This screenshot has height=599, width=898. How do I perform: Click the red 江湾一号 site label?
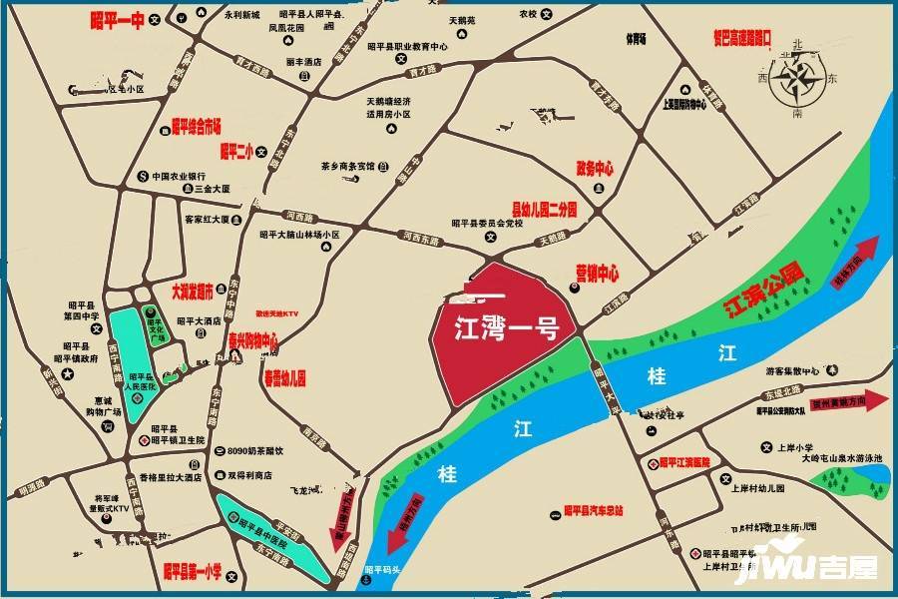tap(505, 327)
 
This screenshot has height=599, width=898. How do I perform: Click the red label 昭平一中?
tap(117, 19)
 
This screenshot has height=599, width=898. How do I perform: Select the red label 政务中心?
tap(595, 168)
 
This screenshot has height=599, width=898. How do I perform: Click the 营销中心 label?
tap(597, 272)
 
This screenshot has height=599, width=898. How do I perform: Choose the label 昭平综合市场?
tap(196, 125)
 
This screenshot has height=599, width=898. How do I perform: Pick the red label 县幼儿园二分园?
tap(545, 210)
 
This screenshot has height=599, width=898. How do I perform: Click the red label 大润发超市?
tap(192, 293)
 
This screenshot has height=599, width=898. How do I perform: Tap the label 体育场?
tap(637, 39)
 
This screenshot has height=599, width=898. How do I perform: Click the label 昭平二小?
tap(236, 152)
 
